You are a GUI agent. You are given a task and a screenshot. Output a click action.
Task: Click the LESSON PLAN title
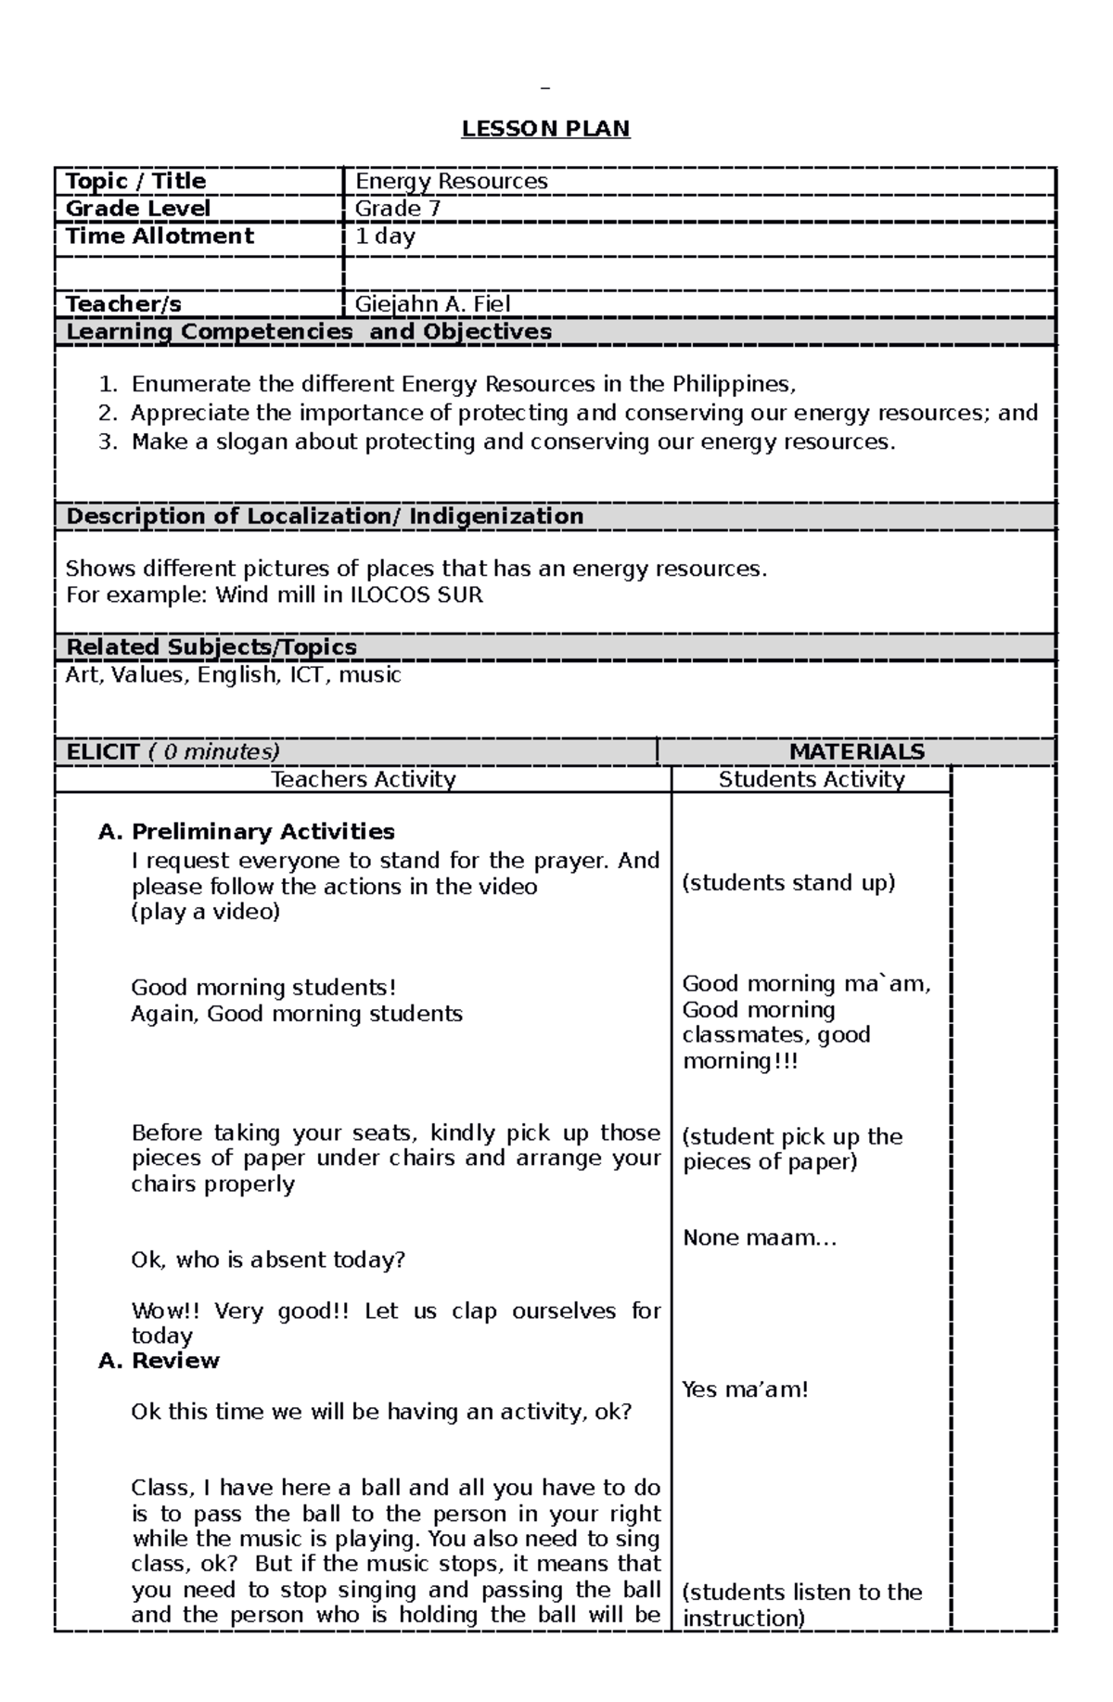[x=545, y=129]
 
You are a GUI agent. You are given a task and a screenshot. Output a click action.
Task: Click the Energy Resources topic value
[x=451, y=182]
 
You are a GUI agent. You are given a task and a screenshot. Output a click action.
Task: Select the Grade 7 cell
[x=398, y=209]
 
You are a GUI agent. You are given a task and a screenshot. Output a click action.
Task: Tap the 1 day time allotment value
[x=385, y=237]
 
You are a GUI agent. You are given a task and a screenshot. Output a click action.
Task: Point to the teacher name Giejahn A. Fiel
[x=432, y=304]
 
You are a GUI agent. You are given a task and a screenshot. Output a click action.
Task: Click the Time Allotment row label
[x=160, y=237]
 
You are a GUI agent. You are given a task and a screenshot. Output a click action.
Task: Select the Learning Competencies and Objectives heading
[x=309, y=332]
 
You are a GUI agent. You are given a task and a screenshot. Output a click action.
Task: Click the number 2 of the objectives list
[x=108, y=414]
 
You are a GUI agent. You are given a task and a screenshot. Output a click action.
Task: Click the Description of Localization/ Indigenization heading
[x=325, y=517]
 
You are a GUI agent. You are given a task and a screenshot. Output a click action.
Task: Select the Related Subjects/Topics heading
[x=211, y=647]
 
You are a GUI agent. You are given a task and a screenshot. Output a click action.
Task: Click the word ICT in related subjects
[x=308, y=675]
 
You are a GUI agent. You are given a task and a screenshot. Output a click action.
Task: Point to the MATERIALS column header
[x=856, y=752]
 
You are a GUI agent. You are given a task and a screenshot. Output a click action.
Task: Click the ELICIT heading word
[x=103, y=752]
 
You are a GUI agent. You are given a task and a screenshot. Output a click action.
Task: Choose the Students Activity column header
[x=811, y=780]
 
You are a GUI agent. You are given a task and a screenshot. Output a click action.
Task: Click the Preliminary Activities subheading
[x=262, y=832]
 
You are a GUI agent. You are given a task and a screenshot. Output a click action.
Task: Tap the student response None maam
[x=759, y=1238]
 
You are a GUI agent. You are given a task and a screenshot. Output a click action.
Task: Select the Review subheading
[x=175, y=1361]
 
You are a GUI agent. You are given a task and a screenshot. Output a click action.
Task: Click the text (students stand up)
[x=788, y=883]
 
